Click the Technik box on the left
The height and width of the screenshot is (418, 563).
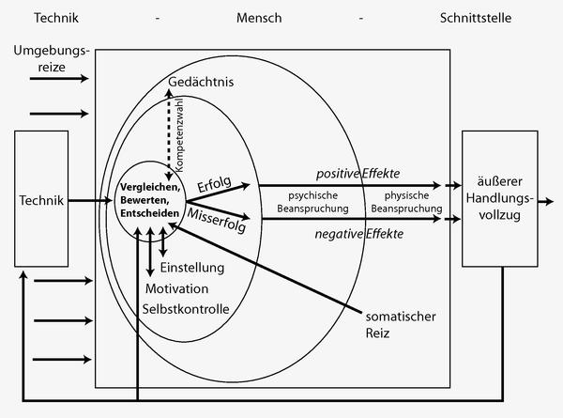coord(40,200)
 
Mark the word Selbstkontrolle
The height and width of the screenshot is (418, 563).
coord(186,307)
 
